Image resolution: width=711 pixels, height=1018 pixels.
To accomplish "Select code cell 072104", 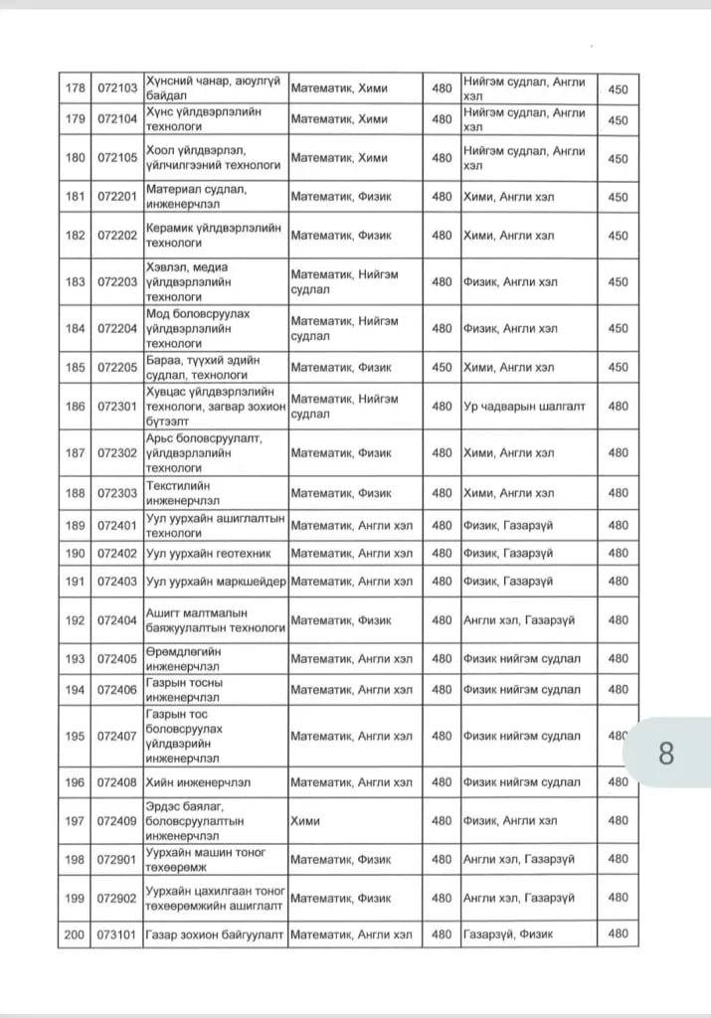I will [x=117, y=119].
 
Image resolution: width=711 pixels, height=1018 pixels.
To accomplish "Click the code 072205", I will [x=117, y=367].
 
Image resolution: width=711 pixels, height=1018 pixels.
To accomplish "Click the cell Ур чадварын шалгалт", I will [x=524, y=406].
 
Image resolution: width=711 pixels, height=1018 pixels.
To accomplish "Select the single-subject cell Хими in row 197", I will [x=305, y=820].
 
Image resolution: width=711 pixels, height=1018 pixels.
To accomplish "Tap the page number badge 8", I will [x=665, y=753].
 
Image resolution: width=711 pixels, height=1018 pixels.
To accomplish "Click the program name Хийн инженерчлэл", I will [x=198, y=782].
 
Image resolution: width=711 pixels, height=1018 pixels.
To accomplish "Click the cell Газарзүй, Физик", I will [x=508, y=933].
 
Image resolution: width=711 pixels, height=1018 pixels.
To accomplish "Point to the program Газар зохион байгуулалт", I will [x=215, y=933].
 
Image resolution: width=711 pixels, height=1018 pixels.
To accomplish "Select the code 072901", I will [x=117, y=859].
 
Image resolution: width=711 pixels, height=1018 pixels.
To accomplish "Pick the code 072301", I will [x=117, y=406].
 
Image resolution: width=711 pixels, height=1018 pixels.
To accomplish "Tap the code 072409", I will [x=117, y=820].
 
